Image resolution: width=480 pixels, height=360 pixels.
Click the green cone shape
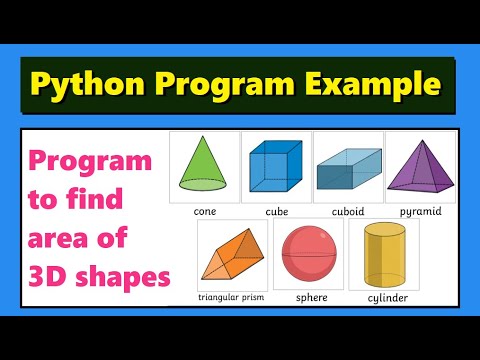[204, 166]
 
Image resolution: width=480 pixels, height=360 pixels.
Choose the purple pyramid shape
[420, 165]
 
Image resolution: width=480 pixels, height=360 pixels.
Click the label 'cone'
[204, 212]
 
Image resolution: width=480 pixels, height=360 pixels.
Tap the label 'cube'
[276, 212]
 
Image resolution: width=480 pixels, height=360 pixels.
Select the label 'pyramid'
[420, 213]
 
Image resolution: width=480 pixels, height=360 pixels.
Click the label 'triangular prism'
[231, 298]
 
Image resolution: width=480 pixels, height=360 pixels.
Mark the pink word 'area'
[68, 237]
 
